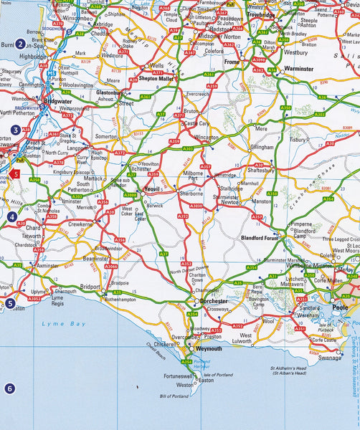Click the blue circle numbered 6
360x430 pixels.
(9, 389)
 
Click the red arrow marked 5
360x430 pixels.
(14, 173)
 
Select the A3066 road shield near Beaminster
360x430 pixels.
(110, 266)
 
